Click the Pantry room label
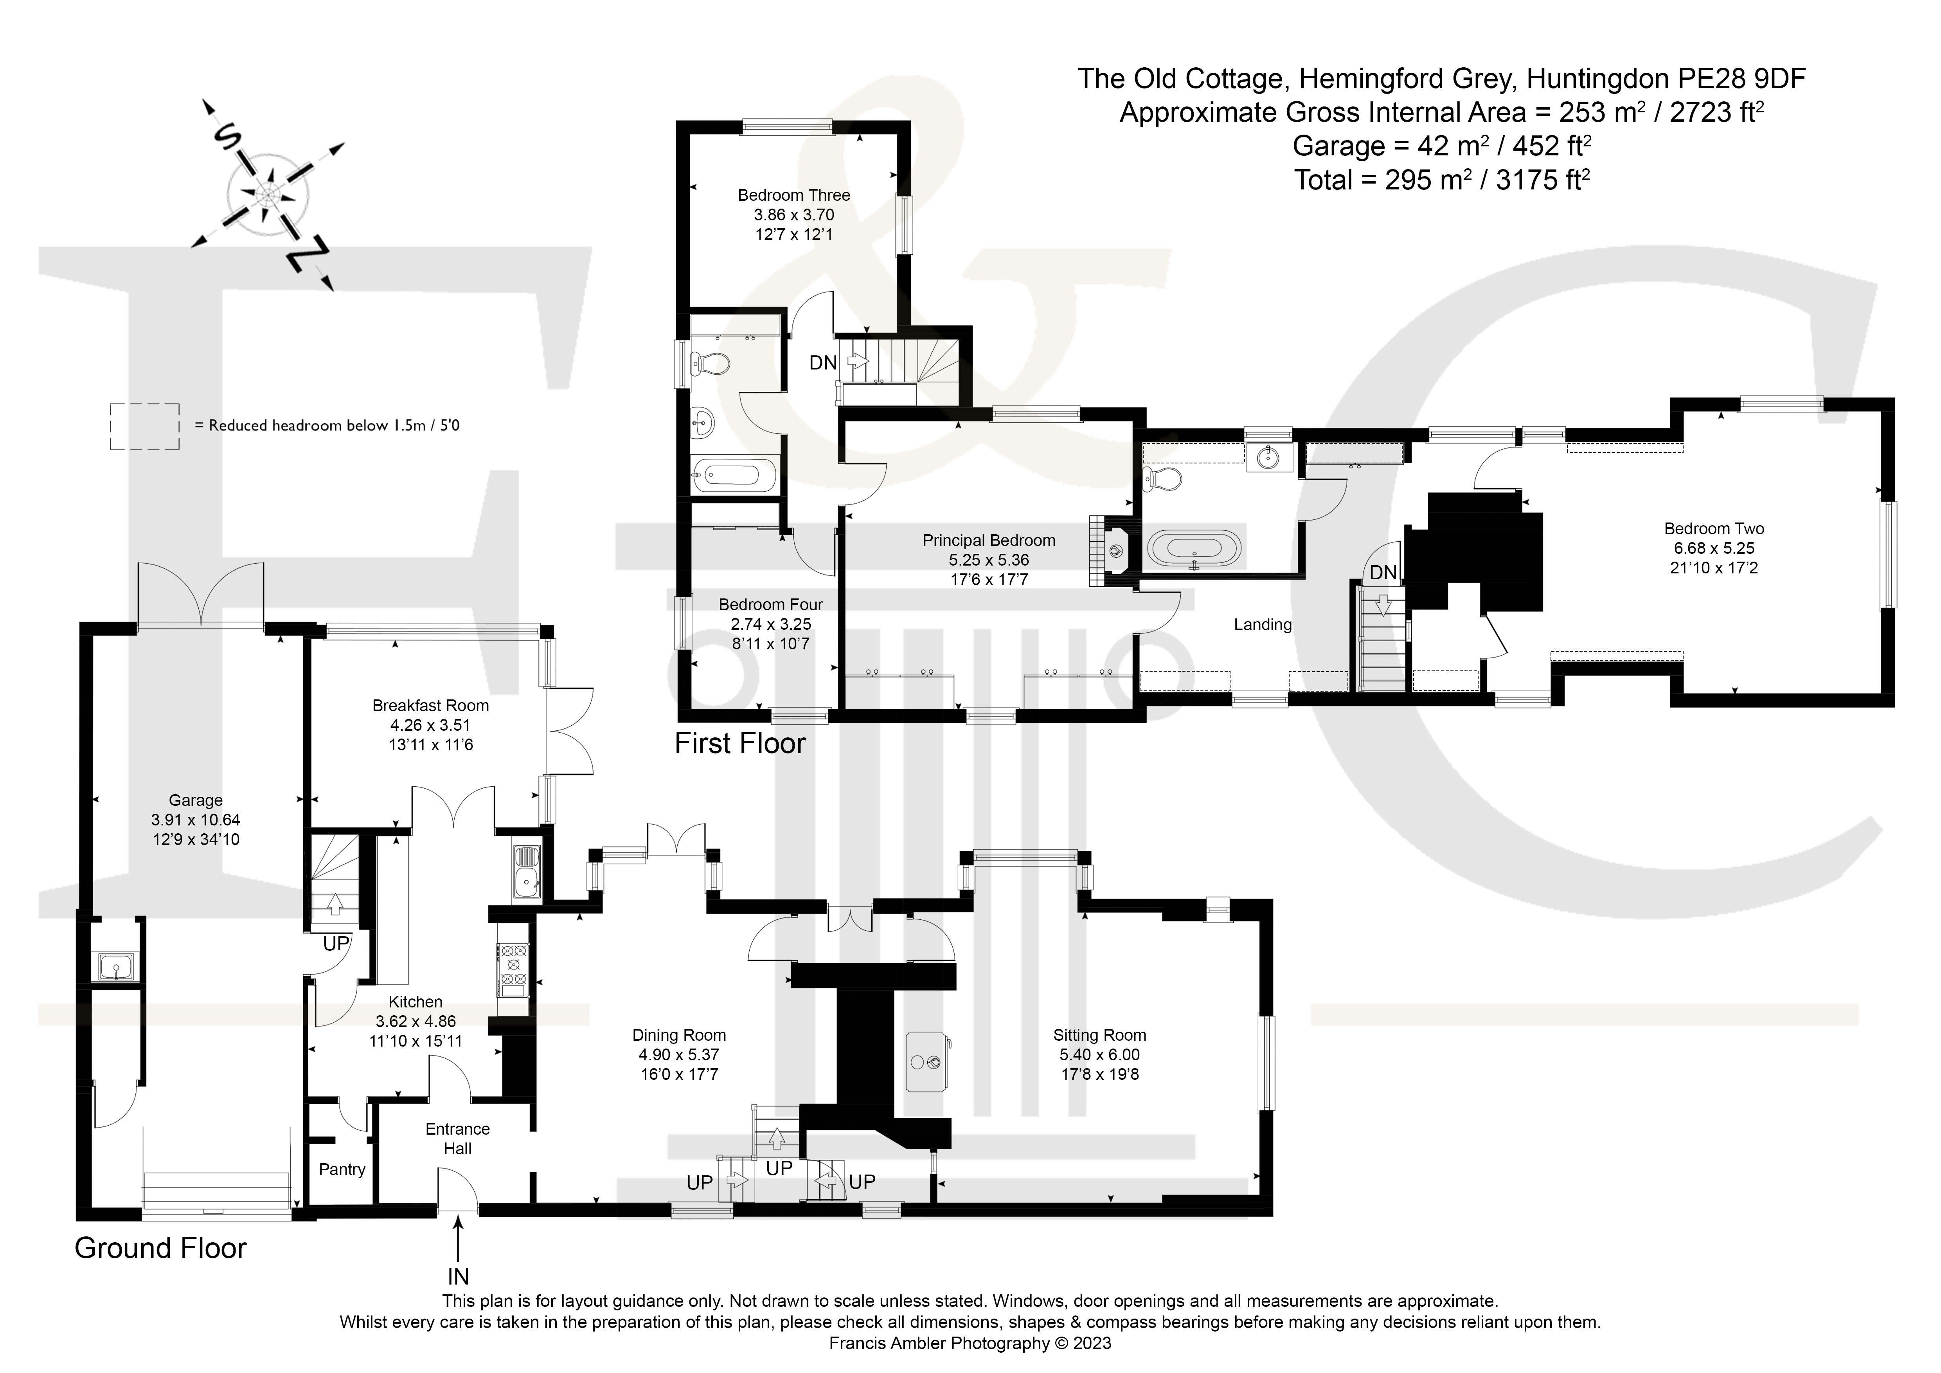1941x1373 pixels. pos(342,1169)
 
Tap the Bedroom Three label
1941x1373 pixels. pos(794,195)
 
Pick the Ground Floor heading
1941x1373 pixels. pos(161,1248)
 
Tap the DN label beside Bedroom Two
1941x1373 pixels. pos(1383,572)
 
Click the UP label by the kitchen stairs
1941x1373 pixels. pos(336,944)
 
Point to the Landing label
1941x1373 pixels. pos(1263,625)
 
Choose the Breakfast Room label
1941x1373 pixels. pos(430,705)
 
